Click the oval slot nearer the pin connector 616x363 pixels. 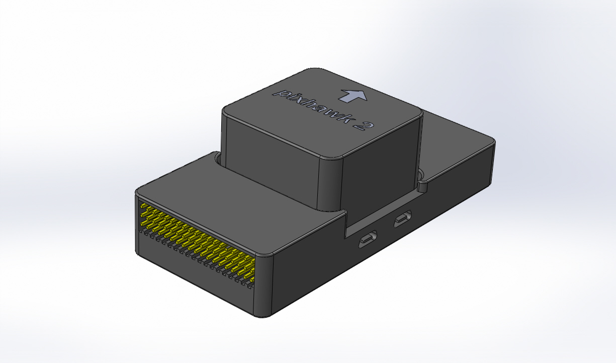[x=368, y=239]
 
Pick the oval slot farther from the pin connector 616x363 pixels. [x=403, y=220]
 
